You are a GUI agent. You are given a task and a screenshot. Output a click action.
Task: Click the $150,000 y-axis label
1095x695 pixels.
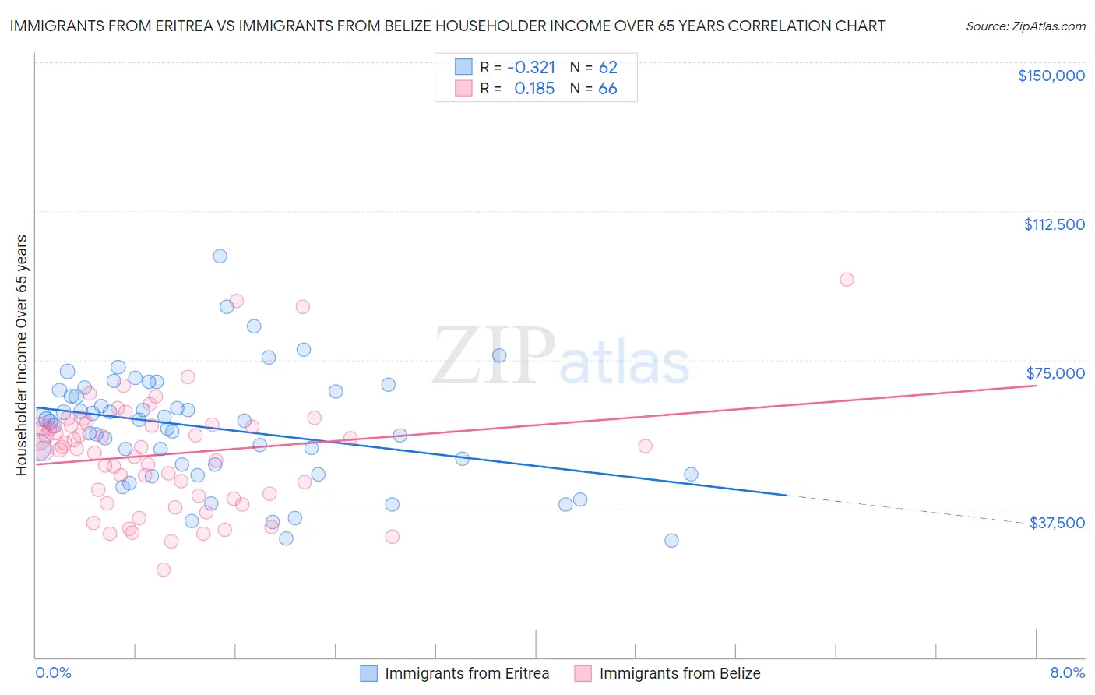(1051, 76)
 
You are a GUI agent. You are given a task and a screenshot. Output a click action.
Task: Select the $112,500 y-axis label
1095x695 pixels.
(1054, 224)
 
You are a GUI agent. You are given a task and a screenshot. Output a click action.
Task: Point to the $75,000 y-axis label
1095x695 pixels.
(1055, 373)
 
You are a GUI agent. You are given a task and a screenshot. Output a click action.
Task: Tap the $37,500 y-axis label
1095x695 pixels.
(1057, 523)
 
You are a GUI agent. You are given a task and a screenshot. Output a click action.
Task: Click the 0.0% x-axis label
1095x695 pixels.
(53, 672)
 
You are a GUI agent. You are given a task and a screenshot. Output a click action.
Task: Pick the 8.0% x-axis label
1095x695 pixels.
(1067, 672)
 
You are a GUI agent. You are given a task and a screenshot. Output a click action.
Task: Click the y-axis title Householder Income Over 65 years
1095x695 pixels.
(22, 355)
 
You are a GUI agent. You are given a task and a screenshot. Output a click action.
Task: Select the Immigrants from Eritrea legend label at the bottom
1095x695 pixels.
(467, 674)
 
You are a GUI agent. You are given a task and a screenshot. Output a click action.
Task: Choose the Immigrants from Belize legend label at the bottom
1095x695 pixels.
(680, 674)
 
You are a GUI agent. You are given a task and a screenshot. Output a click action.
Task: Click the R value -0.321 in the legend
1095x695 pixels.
(530, 67)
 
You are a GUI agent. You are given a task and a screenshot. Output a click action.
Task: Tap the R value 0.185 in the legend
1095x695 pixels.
(534, 89)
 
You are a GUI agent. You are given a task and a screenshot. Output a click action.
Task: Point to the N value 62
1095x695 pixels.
(607, 67)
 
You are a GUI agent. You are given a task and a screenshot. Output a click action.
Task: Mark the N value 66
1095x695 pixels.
(607, 89)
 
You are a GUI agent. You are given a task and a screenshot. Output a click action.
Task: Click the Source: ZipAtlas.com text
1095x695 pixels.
(1025, 26)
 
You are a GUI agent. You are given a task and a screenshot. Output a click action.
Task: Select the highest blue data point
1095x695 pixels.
(220, 256)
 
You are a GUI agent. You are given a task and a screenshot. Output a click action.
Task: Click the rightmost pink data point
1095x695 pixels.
(847, 280)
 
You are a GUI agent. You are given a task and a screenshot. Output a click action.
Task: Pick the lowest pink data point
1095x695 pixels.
(164, 570)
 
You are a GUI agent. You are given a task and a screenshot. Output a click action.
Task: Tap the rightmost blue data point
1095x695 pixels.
(691, 475)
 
